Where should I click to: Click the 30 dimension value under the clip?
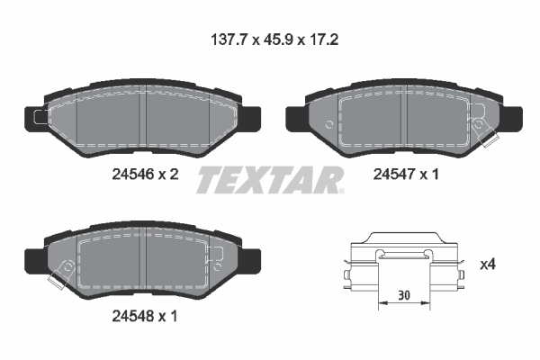[402, 294]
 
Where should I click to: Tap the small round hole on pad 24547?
[330, 125]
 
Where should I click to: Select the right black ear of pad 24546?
[253, 117]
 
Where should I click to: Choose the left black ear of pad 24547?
[292, 117]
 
